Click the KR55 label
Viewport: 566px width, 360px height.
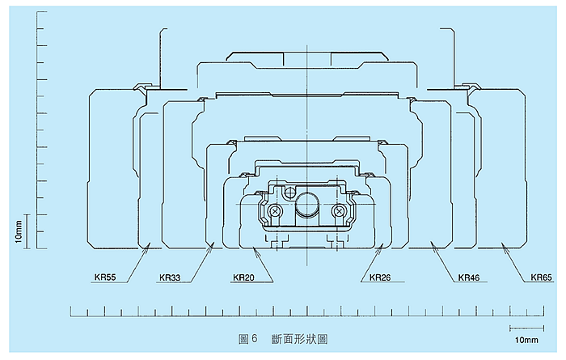(105, 277)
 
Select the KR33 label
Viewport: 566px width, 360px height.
(170, 278)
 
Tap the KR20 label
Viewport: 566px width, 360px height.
(243, 277)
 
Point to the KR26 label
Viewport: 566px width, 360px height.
(380, 277)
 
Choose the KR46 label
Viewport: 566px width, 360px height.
(469, 277)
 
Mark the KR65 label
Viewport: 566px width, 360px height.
(542, 277)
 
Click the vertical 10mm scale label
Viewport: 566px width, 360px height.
(19, 231)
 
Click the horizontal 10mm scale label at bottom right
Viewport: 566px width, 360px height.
(526, 340)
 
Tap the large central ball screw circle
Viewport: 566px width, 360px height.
(307, 204)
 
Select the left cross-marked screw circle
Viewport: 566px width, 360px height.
(276, 210)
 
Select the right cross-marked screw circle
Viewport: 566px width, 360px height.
(339, 210)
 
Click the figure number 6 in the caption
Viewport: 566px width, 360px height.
(254, 339)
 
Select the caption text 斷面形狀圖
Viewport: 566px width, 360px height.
(299, 339)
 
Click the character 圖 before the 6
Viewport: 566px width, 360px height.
(243, 339)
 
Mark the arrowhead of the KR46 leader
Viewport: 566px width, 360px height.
(430, 244)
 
